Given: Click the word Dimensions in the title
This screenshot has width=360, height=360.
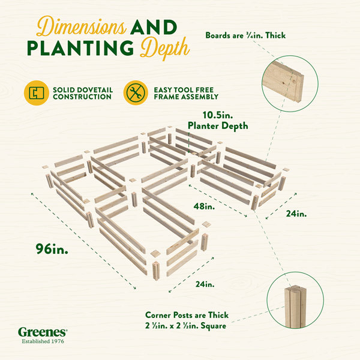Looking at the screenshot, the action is (81, 26).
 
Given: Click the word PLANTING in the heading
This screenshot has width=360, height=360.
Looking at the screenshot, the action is (80, 48).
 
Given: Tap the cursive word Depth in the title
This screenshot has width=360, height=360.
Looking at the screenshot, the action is (165, 47).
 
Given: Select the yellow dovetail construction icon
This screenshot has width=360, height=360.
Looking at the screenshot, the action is (37, 93).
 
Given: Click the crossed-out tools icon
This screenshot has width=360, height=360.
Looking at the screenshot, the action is (136, 93).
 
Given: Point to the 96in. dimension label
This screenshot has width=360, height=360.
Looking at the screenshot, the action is (52, 249).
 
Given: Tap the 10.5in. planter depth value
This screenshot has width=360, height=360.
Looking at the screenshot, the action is (218, 115).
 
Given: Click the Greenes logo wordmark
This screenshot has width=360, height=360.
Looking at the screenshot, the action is (43, 332).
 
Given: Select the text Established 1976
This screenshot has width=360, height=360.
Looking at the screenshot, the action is (43, 341).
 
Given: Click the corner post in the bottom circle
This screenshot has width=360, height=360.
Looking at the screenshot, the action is (295, 306).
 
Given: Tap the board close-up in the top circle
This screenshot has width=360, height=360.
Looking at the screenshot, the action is (284, 81).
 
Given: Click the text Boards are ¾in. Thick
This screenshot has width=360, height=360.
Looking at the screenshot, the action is (245, 35).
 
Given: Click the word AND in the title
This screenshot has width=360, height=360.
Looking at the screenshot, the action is (154, 27).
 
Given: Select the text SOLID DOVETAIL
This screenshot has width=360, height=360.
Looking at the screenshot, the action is (83, 90).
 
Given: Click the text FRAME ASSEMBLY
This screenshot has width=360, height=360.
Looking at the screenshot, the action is (186, 97).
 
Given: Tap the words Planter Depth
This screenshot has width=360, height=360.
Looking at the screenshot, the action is (218, 126).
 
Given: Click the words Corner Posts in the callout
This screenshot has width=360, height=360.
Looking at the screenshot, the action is (169, 315).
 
